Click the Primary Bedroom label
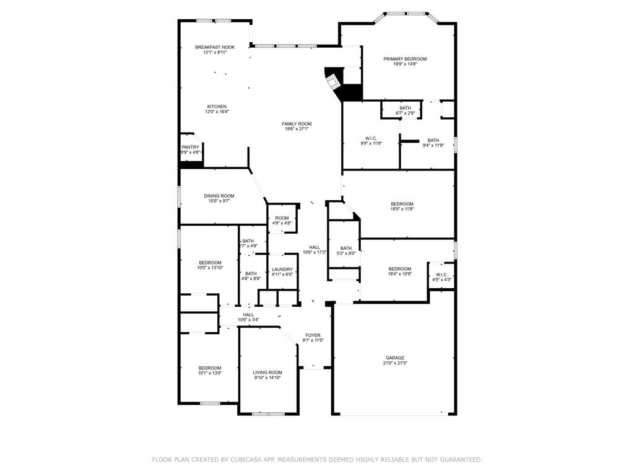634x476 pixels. tap(405, 59)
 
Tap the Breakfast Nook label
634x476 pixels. tap(215, 47)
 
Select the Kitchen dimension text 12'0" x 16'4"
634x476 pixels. tap(217, 112)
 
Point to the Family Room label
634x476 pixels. tap(297, 124)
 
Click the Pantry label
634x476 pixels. tap(190, 147)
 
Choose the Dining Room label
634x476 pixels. tap(219, 196)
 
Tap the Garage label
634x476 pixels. tap(395, 358)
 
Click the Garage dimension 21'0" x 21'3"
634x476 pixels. tap(395, 363)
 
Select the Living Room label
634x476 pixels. tap(267, 372)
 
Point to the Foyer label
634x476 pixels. tap(313, 335)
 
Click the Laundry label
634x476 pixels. tap(282, 269)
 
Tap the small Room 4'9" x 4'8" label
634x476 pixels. tap(282, 218)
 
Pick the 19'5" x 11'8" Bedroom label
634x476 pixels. tap(402, 204)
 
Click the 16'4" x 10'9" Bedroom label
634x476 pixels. tap(399, 268)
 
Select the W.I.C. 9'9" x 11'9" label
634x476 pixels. tap(371, 138)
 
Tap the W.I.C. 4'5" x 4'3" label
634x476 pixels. tap(441, 275)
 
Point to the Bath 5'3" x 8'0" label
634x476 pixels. tap(345, 248)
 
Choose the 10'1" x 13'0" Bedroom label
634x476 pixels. tap(209, 368)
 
